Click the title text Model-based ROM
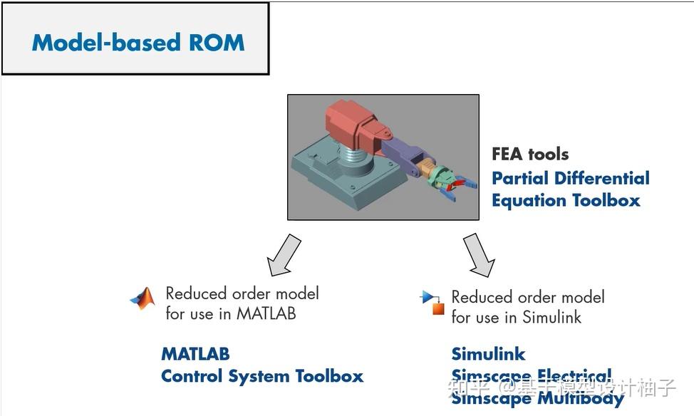pos(138,42)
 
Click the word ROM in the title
pos(217,42)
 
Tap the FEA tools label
pos(529,154)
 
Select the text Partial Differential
pos(570,178)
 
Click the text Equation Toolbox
pos(566,201)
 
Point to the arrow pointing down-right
pos(480,254)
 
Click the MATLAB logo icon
pos(143,298)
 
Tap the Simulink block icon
pos(433,303)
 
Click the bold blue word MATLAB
pos(195,353)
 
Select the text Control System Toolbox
pos(262,376)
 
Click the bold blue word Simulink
pos(488,353)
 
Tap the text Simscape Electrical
pos(531,375)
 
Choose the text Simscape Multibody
pos(537,398)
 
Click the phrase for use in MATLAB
pos(230,313)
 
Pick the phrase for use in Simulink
pos(516,317)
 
